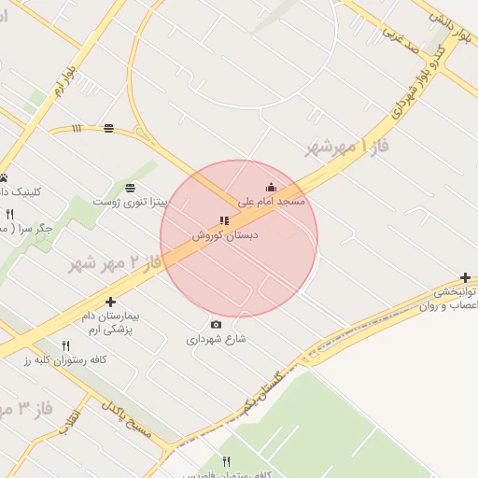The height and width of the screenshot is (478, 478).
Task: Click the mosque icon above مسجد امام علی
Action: pyautogui.click(x=272, y=187)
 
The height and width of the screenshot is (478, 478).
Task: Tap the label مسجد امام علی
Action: pyautogui.click(x=272, y=201)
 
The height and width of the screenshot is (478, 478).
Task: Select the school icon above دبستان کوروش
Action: pyautogui.click(x=224, y=221)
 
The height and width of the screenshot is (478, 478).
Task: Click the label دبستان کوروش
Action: pyautogui.click(x=224, y=235)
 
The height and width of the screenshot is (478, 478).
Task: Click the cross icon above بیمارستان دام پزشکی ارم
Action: pyautogui.click(x=111, y=302)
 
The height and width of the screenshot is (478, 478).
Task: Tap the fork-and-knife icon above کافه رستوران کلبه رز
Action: pyautogui.click(x=65, y=345)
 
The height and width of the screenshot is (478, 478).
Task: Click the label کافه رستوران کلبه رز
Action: pyautogui.click(x=67, y=359)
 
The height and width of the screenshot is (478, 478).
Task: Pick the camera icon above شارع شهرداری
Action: pyautogui.click(x=217, y=325)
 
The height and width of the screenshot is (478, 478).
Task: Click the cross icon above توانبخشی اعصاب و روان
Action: pyautogui.click(x=465, y=278)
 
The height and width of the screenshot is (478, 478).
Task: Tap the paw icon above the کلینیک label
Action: pyautogui.click(x=4, y=177)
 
